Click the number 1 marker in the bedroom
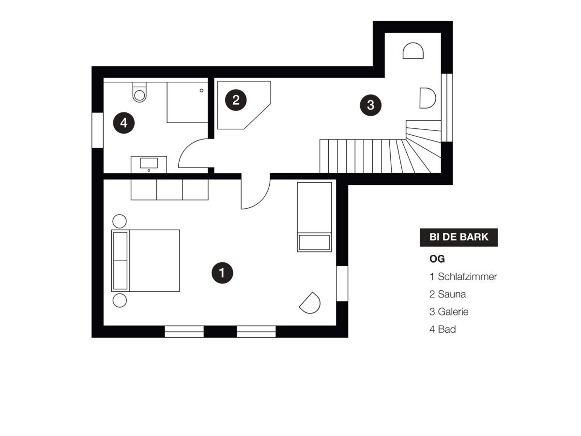222,273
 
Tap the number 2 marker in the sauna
236,100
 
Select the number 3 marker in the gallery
370,105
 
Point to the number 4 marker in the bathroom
124,123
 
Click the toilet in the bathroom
139,92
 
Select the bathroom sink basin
149,163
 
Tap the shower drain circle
202,91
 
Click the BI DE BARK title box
458,237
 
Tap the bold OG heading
437,259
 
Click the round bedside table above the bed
120,221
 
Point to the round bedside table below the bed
120,300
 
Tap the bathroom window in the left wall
97,130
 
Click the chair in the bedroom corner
310,303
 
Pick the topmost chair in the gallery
413,51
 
